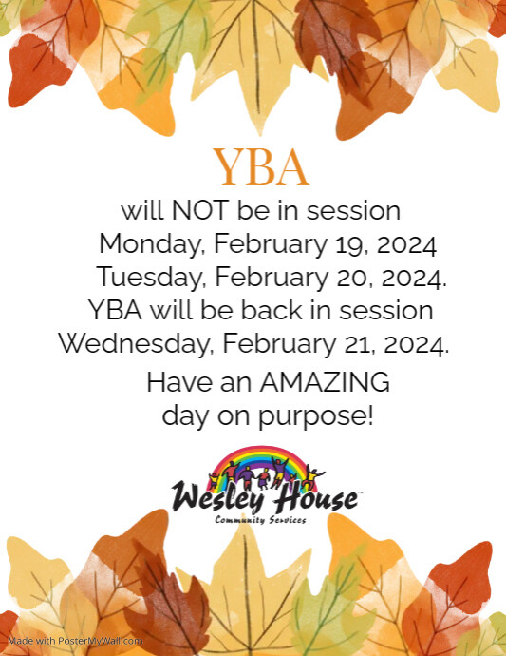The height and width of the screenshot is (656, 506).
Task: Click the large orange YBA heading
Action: coord(261,167)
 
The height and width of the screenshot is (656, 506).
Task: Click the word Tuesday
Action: coord(151,279)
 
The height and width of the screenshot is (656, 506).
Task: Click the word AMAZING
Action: coord(325,383)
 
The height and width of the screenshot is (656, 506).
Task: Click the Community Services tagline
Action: coord(260,520)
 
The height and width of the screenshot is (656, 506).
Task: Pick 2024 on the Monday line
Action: coord(406,244)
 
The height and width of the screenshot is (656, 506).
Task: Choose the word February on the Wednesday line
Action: coord(274,342)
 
